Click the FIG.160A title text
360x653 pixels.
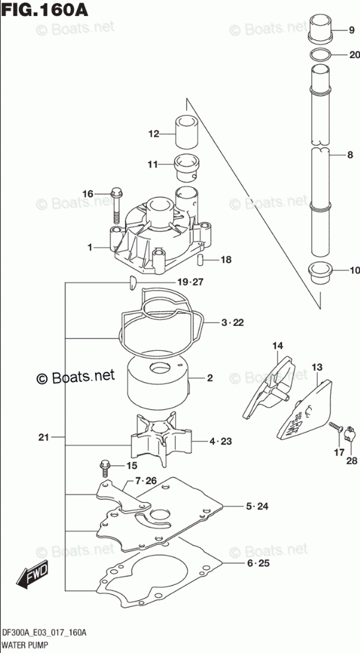pos(44,9)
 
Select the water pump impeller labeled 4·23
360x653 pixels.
pos(161,442)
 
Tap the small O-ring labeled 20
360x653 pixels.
pos(321,55)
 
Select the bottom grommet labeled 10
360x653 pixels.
pos(320,272)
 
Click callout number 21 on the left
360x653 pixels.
pos(44,438)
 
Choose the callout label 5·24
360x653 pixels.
pos(257,506)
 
